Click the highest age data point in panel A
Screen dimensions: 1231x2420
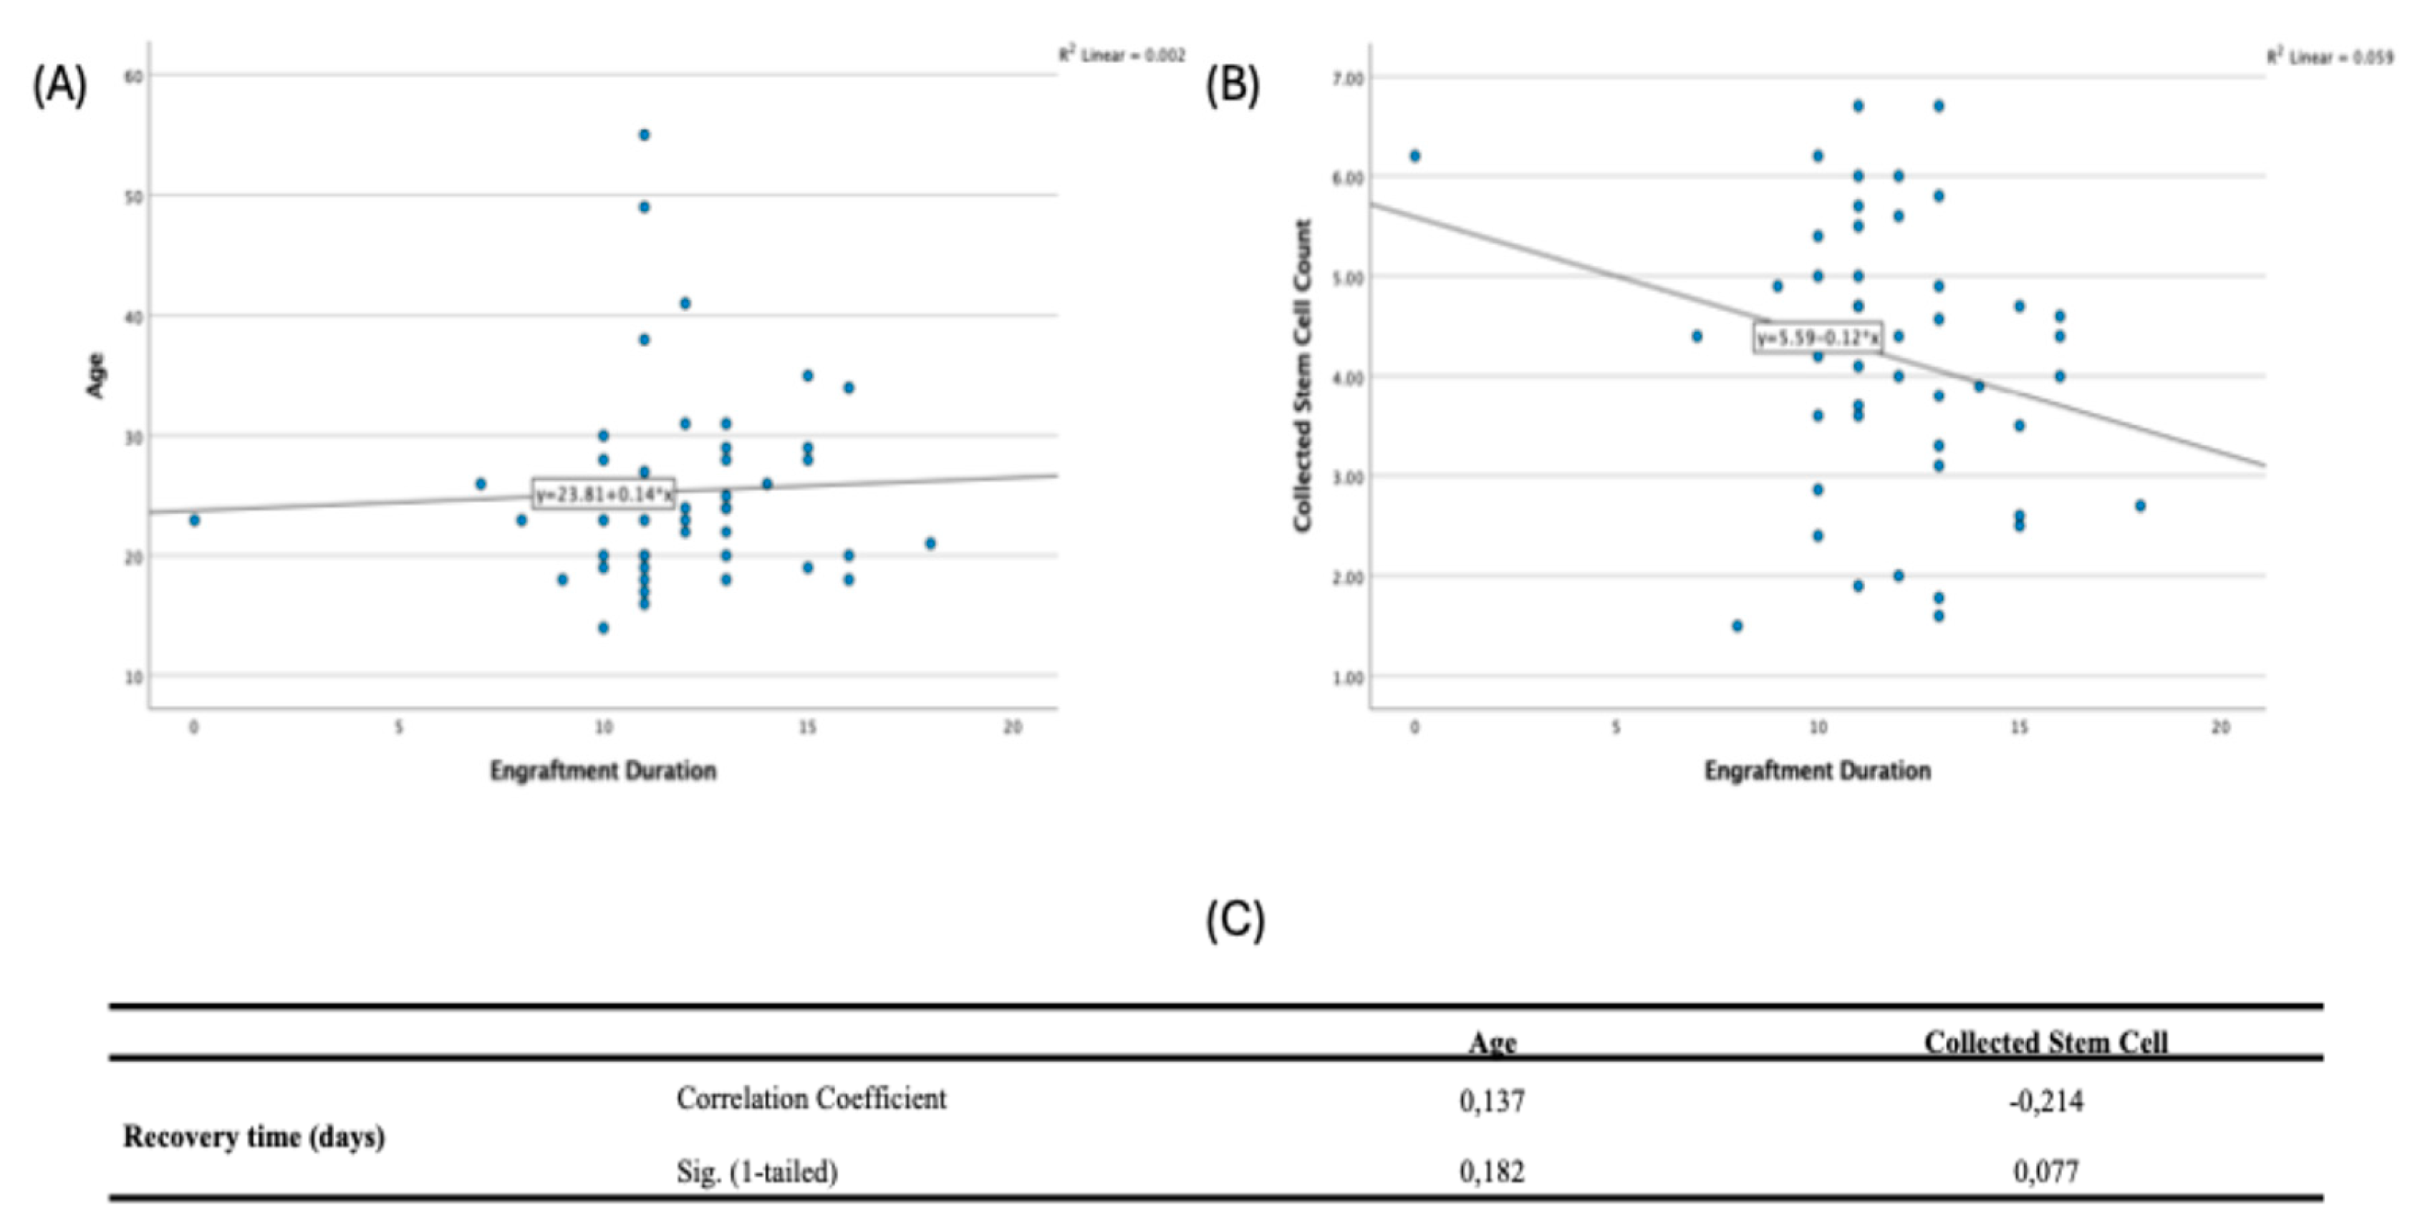coord(644,135)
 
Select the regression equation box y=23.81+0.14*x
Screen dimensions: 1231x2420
coord(603,494)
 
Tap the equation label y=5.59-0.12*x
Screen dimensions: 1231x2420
coord(1818,337)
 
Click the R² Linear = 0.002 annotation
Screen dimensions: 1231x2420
coord(1122,55)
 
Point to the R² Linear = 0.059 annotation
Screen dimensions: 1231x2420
coord(2330,57)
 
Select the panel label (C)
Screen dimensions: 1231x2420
coord(1235,920)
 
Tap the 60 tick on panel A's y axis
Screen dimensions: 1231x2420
coord(132,75)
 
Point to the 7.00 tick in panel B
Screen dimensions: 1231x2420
coord(1346,78)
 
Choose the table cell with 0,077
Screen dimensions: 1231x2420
coord(2045,1171)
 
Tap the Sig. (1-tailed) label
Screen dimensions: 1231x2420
coord(756,1171)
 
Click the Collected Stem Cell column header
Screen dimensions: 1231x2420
coord(2045,1041)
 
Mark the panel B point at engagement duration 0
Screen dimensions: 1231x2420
coord(1414,156)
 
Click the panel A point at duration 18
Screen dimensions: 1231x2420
coord(930,542)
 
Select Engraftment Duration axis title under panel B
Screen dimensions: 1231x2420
coord(1817,771)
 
